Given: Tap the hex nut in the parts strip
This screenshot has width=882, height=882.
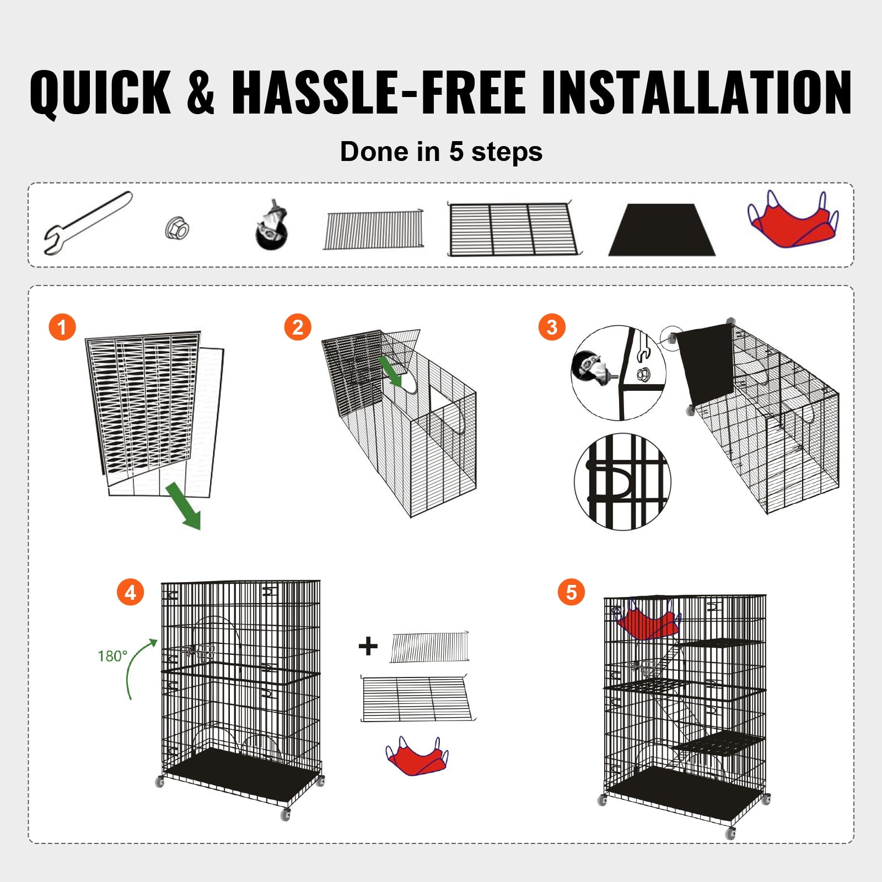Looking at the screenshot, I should point(178,227).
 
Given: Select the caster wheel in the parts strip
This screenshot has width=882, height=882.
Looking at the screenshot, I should point(272,228).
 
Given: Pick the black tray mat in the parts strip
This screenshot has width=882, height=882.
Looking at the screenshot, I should point(661,231).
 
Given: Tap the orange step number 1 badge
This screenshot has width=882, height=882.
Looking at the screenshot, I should point(62,327).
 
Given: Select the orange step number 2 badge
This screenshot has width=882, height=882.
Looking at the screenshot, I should point(298,327).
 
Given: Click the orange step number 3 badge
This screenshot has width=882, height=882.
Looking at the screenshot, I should point(552,327).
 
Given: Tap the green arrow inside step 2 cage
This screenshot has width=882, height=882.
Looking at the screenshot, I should point(391,371).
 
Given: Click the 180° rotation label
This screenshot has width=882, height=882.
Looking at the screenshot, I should point(112,656).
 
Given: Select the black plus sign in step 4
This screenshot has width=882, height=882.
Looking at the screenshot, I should point(368,646).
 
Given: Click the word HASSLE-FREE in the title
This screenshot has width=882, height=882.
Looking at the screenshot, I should point(380,92).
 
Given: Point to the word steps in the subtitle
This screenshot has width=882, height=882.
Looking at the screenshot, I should point(507,152).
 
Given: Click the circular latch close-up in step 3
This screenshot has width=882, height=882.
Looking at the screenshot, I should point(622,482).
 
